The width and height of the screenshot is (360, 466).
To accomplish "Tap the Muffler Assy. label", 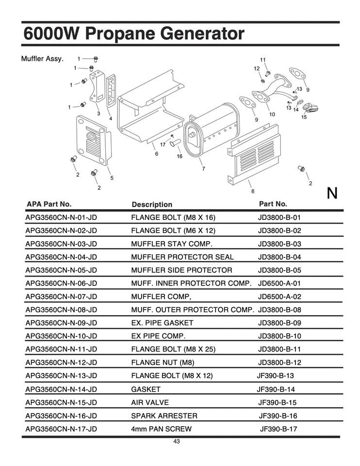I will [42, 59].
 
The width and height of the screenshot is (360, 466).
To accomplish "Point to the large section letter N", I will [332, 193].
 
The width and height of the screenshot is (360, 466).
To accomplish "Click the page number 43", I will [177, 441].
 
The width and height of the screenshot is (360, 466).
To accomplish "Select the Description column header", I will [152, 204].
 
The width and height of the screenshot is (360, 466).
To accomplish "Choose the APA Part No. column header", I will [49, 204].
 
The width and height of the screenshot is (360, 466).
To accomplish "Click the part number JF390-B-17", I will [278, 429].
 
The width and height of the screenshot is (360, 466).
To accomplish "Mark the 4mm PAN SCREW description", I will [161, 429].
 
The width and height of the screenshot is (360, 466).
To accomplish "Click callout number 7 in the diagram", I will [203, 168].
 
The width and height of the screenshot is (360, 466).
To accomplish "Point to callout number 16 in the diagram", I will [180, 156].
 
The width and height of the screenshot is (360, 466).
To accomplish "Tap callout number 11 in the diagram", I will [262, 60].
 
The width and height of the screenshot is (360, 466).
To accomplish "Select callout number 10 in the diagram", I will [272, 115].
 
